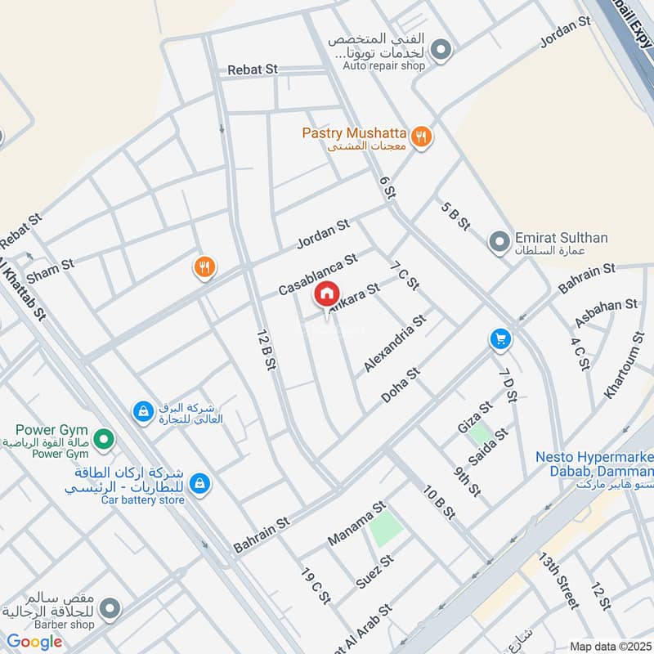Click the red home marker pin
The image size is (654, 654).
click(x=326, y=293)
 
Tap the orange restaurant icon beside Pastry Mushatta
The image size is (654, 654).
click(x=422, y=137)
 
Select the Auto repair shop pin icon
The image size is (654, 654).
click(x=441, y=51)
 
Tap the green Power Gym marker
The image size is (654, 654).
click(x=103, y=441)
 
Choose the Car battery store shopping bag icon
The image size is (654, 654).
click(x=198, y=485)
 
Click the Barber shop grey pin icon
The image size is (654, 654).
click(x=109, y=609)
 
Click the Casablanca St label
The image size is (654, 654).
click(x=318, y=274)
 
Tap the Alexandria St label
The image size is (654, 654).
click(x=396, y=344)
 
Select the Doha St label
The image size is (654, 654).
click(x=401, y=385)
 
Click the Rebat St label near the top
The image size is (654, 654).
click(x=253, y=70)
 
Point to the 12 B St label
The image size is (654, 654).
click(x=264, y=351)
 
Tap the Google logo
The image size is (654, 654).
click(x=34, y=642)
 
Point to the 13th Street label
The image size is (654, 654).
click(x=558, y=580)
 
